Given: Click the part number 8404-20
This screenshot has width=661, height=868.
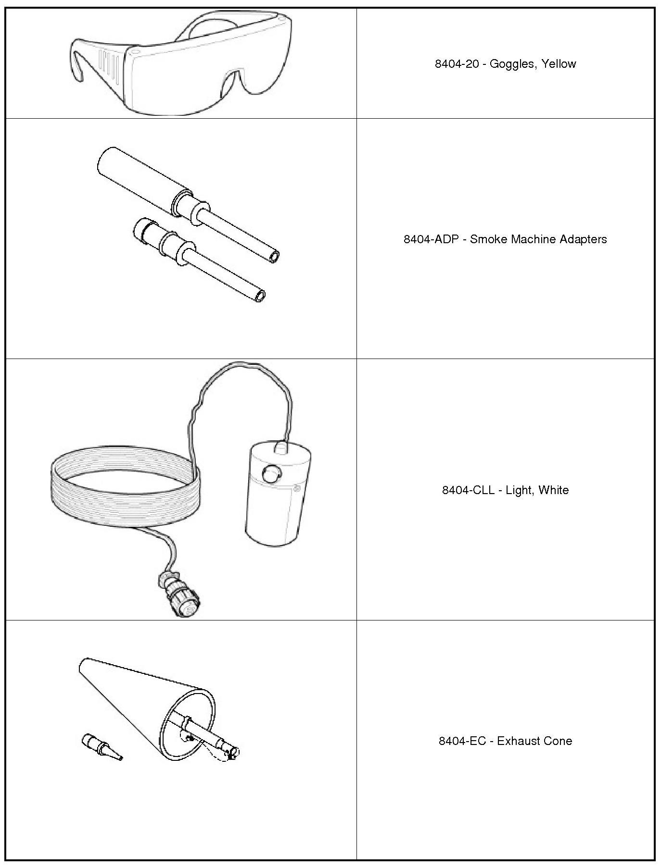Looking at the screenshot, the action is tap(457, 64).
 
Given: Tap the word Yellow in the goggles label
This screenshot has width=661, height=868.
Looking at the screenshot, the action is tap(559, 64).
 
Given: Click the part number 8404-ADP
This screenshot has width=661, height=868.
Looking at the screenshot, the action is tap(431, 239).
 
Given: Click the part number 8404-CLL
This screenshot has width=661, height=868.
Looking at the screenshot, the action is tap(468, 490).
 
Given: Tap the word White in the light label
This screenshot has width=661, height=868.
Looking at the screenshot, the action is tap(554, 490).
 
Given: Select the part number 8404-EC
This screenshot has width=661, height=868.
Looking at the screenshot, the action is tap(462, 741).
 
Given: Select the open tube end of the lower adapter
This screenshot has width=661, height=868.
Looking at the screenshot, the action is tap(260, 296).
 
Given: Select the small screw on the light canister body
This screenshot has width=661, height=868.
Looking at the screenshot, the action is tap(297, 489).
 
